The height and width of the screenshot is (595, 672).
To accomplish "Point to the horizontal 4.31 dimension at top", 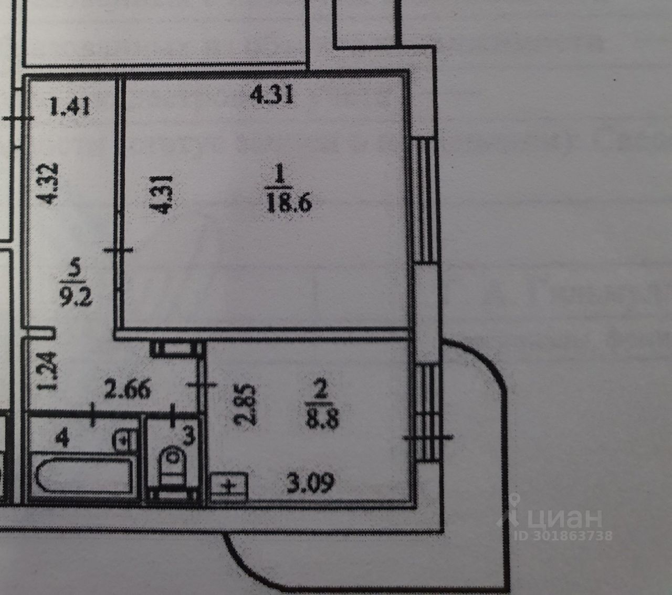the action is point(271,96).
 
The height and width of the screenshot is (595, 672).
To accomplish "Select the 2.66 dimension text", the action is point(127,390).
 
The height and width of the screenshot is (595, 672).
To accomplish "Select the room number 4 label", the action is point(64,439).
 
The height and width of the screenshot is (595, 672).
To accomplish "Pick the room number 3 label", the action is point(189,435).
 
